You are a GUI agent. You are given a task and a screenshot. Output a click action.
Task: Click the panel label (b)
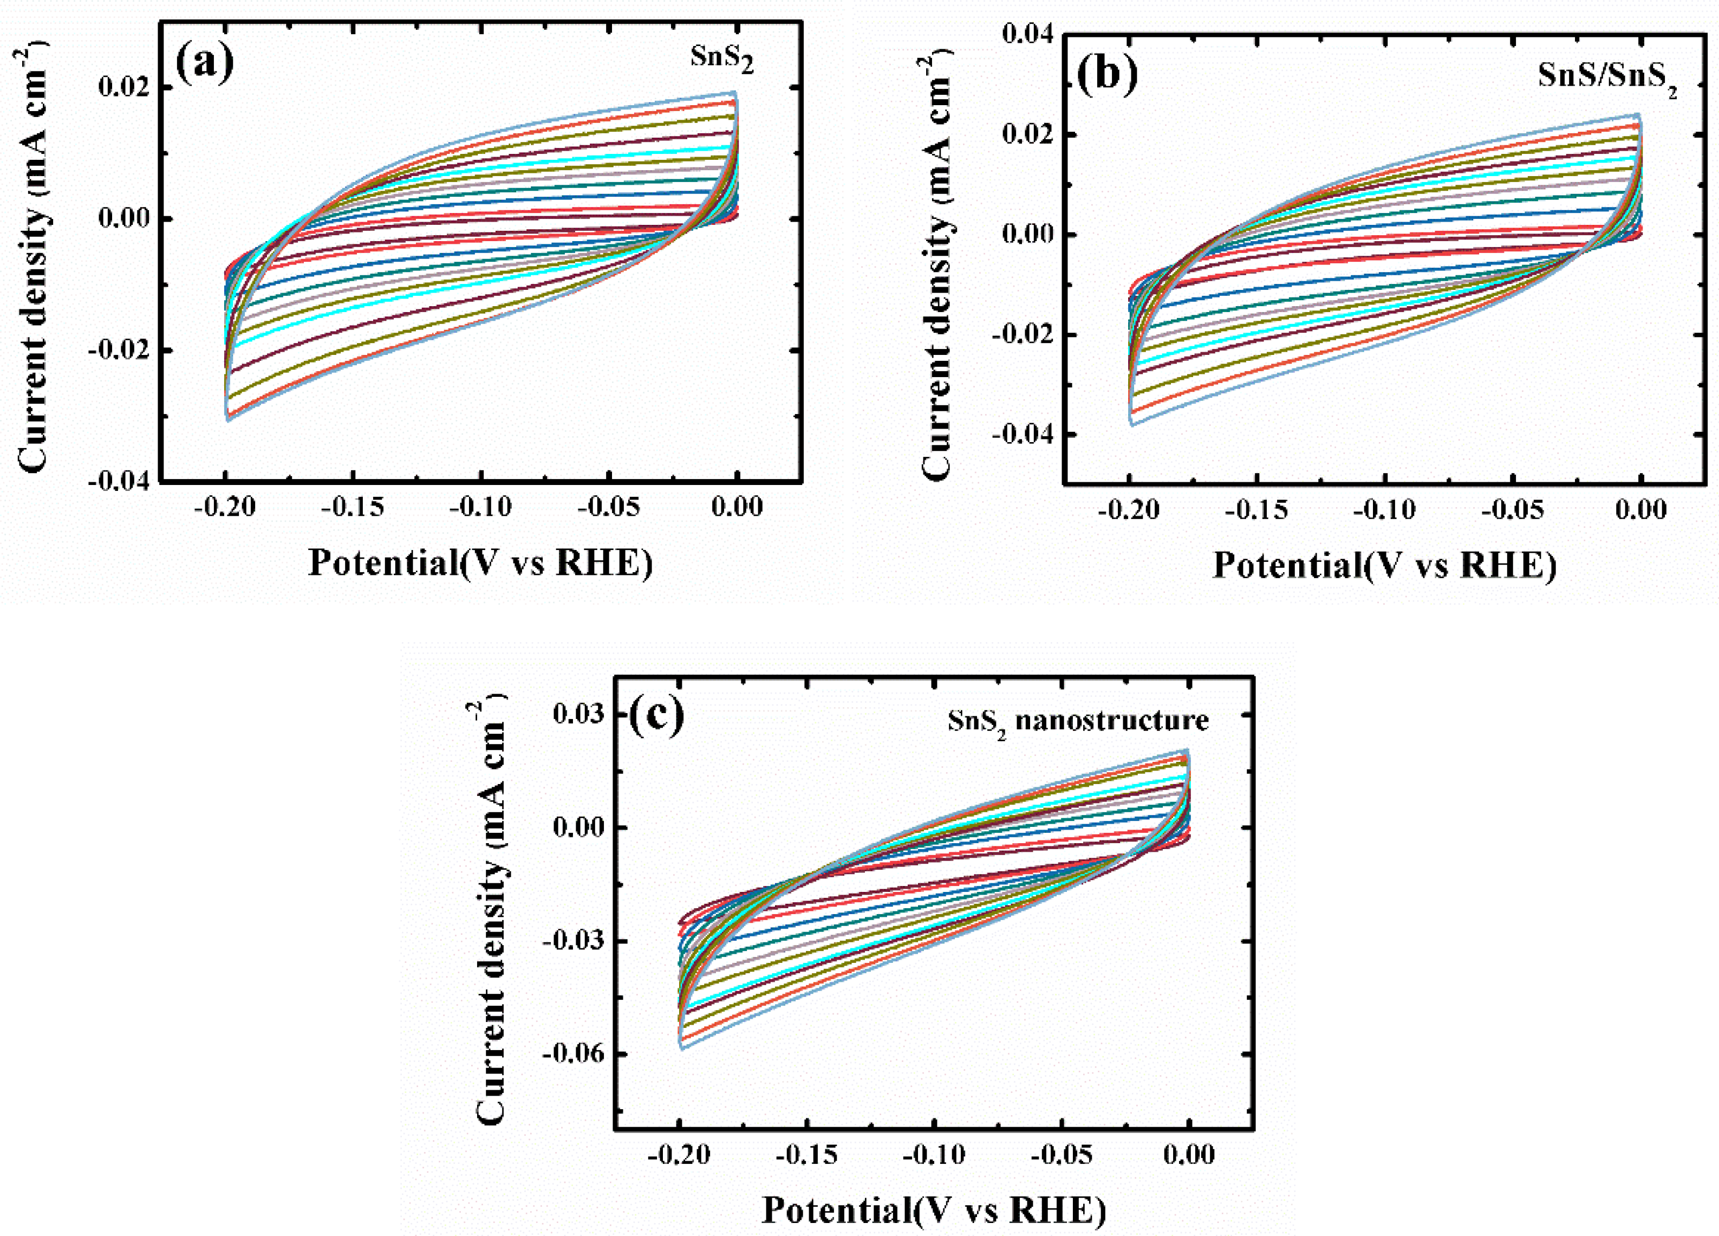point(1108,75)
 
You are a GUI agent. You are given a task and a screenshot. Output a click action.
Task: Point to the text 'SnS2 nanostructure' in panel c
point(1078,720)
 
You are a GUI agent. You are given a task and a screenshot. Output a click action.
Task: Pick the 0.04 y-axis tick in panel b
point(1028,34)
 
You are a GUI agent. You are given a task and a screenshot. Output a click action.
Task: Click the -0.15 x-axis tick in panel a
point(353,507)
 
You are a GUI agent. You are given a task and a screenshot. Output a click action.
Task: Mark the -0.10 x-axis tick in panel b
point(1385,509)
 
